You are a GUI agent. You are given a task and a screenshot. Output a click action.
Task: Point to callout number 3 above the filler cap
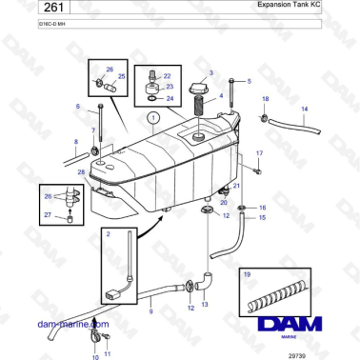211,72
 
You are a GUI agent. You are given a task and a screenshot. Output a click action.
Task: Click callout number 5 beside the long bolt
250,81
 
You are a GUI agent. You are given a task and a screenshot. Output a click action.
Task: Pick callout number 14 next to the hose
305,109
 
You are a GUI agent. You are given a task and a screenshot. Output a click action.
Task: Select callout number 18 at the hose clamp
265,99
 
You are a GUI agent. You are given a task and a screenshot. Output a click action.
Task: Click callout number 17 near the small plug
259,152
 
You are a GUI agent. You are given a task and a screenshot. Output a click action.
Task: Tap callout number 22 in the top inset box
167,76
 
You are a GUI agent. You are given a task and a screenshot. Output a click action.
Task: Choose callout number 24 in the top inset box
170,98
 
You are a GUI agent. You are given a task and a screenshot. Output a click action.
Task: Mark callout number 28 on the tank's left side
82,171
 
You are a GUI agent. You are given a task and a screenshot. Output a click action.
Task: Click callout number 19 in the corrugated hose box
247,275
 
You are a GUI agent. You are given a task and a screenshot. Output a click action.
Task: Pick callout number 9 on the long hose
150,310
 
